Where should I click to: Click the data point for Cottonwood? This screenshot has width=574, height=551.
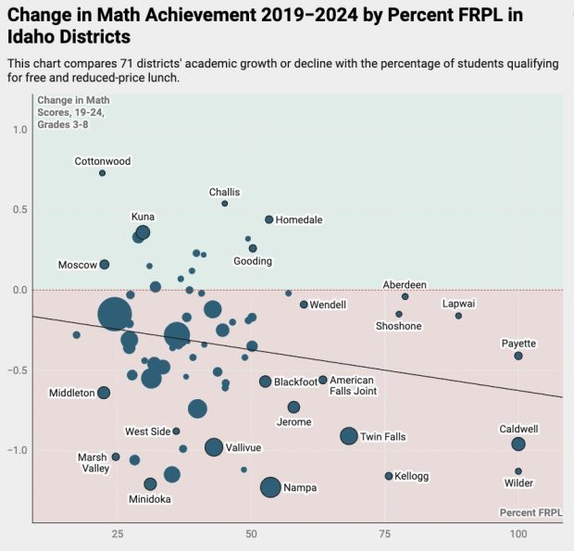(102, 173)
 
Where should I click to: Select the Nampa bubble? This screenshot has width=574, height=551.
(270, 487)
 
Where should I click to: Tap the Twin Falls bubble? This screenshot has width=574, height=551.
(349, 436)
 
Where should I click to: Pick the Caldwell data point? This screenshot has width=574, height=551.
(518, 445)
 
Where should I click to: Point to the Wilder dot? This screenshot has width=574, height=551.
(518, 471)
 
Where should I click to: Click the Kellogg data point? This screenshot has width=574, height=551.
(389, 476)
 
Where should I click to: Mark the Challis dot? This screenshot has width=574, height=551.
(224, 204)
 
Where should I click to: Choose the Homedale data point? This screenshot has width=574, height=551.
(269, 219)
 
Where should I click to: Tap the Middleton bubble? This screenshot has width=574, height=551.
(104, 393)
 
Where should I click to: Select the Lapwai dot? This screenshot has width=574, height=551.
(458, 316)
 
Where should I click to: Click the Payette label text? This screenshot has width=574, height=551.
(518, 344)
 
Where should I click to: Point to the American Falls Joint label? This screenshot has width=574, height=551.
(353, 386)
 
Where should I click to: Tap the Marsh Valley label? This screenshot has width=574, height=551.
(93, 462)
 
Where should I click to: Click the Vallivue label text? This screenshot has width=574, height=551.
(243, 447)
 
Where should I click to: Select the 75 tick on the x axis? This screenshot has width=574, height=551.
(384, 534)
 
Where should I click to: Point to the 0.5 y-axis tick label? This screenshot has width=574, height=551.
(19, 210)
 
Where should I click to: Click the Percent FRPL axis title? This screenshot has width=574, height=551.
(530, 512)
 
